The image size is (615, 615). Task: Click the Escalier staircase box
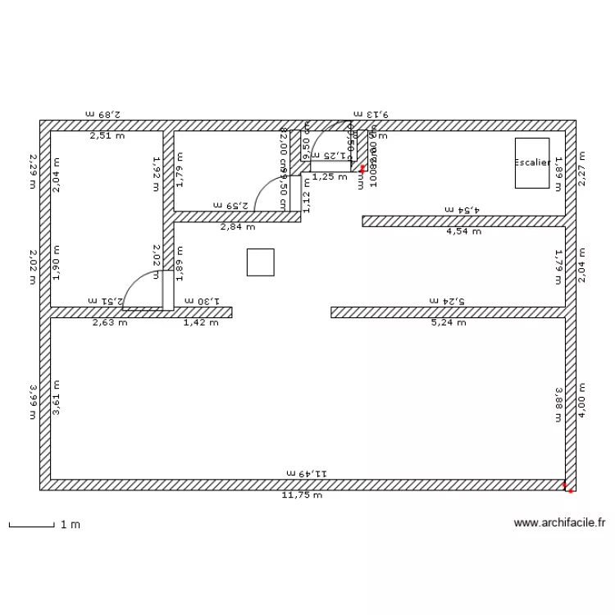pyautogui.click(x=532, y=163)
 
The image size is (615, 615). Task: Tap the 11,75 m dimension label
pyautogui.click(x=302, y=495)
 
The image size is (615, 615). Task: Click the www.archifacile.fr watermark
pyautogui.click(x=559, y=522)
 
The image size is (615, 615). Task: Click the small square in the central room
pyautogui.click(x=260, y=262)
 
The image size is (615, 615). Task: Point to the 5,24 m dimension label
pyautogui.click(x=448, y=322)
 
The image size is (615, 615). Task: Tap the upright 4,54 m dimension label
pyautogui.click(x=462, y=231)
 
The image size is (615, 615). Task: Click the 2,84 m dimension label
pyautogui.click(x=236, y=227)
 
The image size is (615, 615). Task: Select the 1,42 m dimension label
pyautogui.click(x=201, y=322)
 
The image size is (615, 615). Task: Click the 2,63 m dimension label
pyautogui.click(x=111, y=322)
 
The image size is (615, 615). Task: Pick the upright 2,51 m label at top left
pyautogui.click(x=107, y=136)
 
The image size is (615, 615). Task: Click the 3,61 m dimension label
pyautogui.click(x=57, y=399)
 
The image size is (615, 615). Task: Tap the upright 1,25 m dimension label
pyautogui.click(x=330, y=176)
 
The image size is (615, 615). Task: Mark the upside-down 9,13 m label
pyautogui.click(x=371, y=115)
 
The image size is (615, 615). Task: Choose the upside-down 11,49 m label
pyautogui.click(x=307, y=473)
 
